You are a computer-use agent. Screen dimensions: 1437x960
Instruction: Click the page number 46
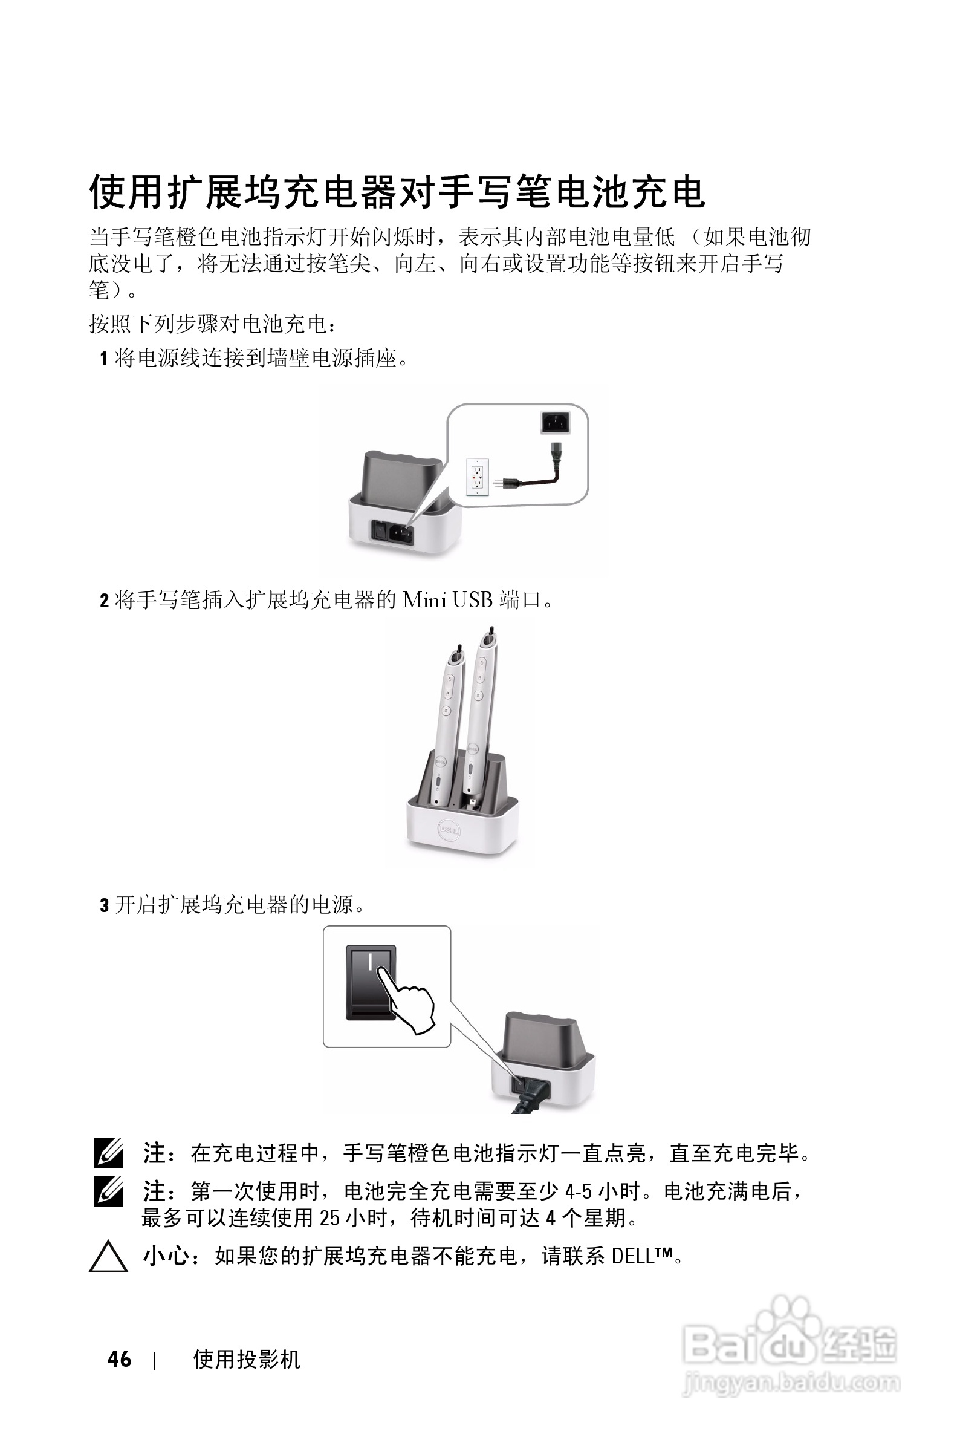click(x=119, y=1360)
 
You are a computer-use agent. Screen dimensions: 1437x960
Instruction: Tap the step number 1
click(x=104, y=359)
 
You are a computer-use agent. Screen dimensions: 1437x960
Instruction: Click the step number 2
click(x=104, y=601)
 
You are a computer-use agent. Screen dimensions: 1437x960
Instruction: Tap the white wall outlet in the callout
click(x=477, y=477)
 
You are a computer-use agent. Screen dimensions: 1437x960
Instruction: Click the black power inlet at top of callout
click(x=556, y=422)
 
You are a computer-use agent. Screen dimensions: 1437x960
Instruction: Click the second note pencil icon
click(x=108, y=1192)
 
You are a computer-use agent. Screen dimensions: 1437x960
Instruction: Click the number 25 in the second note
click(x=330, y=1217)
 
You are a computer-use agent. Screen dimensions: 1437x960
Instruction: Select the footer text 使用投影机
click(x=246, y=1360)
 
